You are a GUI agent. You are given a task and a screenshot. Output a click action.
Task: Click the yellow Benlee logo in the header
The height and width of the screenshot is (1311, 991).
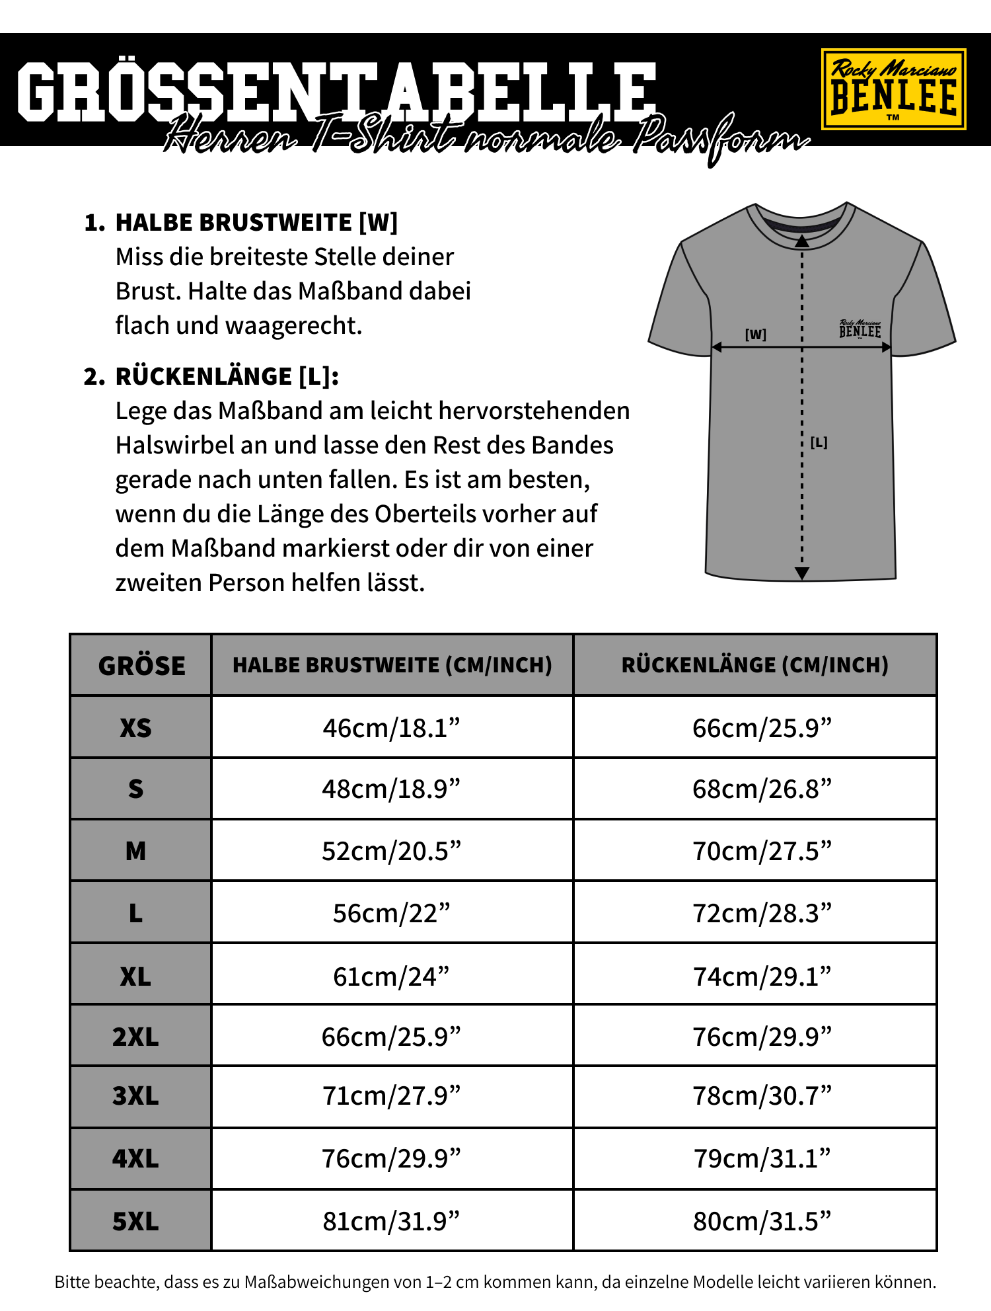[x=893, y=89]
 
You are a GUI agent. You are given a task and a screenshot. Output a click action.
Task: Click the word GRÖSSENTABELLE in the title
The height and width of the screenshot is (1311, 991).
[x=337, y=91]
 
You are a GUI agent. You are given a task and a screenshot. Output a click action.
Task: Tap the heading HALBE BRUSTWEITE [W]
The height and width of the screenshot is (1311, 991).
[x=256, y=223]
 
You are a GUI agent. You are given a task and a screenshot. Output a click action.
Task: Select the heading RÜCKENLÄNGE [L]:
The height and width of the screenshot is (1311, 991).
[x=227, y=376]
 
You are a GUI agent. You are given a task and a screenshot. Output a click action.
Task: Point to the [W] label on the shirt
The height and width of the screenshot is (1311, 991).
[x=755, y=335]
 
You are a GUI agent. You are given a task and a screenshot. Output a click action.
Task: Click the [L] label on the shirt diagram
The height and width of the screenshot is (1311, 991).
[x=819, y=442]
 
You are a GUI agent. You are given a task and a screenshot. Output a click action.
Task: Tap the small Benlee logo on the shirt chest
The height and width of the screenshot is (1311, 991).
[x=860, y=329]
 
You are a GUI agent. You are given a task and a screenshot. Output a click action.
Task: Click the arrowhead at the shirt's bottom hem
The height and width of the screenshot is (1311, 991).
[x=802, y=573]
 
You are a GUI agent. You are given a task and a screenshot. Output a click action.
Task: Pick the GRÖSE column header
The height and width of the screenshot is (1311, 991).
[x=141, y=666]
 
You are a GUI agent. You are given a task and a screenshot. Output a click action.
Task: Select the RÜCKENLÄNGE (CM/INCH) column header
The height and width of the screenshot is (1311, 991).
[x=754, y=665]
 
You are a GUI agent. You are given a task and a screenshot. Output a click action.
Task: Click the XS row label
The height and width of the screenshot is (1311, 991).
[x=135, y=728]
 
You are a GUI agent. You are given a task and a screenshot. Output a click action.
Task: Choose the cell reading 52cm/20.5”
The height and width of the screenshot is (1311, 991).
[x=391, y=851]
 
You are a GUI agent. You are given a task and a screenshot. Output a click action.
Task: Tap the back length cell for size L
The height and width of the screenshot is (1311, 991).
[x=761, y=913]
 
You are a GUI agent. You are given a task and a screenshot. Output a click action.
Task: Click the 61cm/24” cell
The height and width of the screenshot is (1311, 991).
[x=391, y=976]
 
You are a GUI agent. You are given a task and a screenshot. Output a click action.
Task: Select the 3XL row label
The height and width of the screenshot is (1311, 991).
[x=135, y=1096]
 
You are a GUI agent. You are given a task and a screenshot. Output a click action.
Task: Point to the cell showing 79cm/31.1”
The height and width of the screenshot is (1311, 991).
[x=761, y=1158]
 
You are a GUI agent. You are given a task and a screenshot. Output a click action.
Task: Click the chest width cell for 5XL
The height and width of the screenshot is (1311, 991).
[x=391, y=1221]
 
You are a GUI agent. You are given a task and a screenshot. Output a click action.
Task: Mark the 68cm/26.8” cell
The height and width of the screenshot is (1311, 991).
[x=761, y=789]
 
